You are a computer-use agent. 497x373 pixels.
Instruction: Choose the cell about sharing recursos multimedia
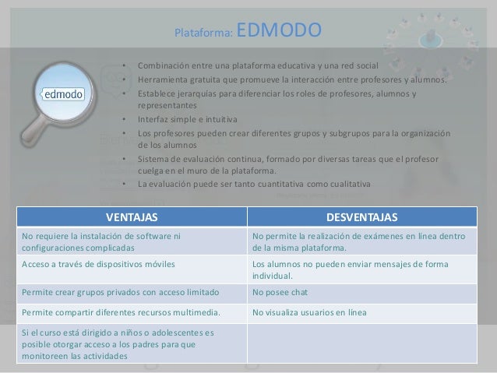(120, 314)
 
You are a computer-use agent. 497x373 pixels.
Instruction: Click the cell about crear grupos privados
(120, 293)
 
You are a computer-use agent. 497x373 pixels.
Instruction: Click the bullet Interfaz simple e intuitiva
(187, 119)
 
